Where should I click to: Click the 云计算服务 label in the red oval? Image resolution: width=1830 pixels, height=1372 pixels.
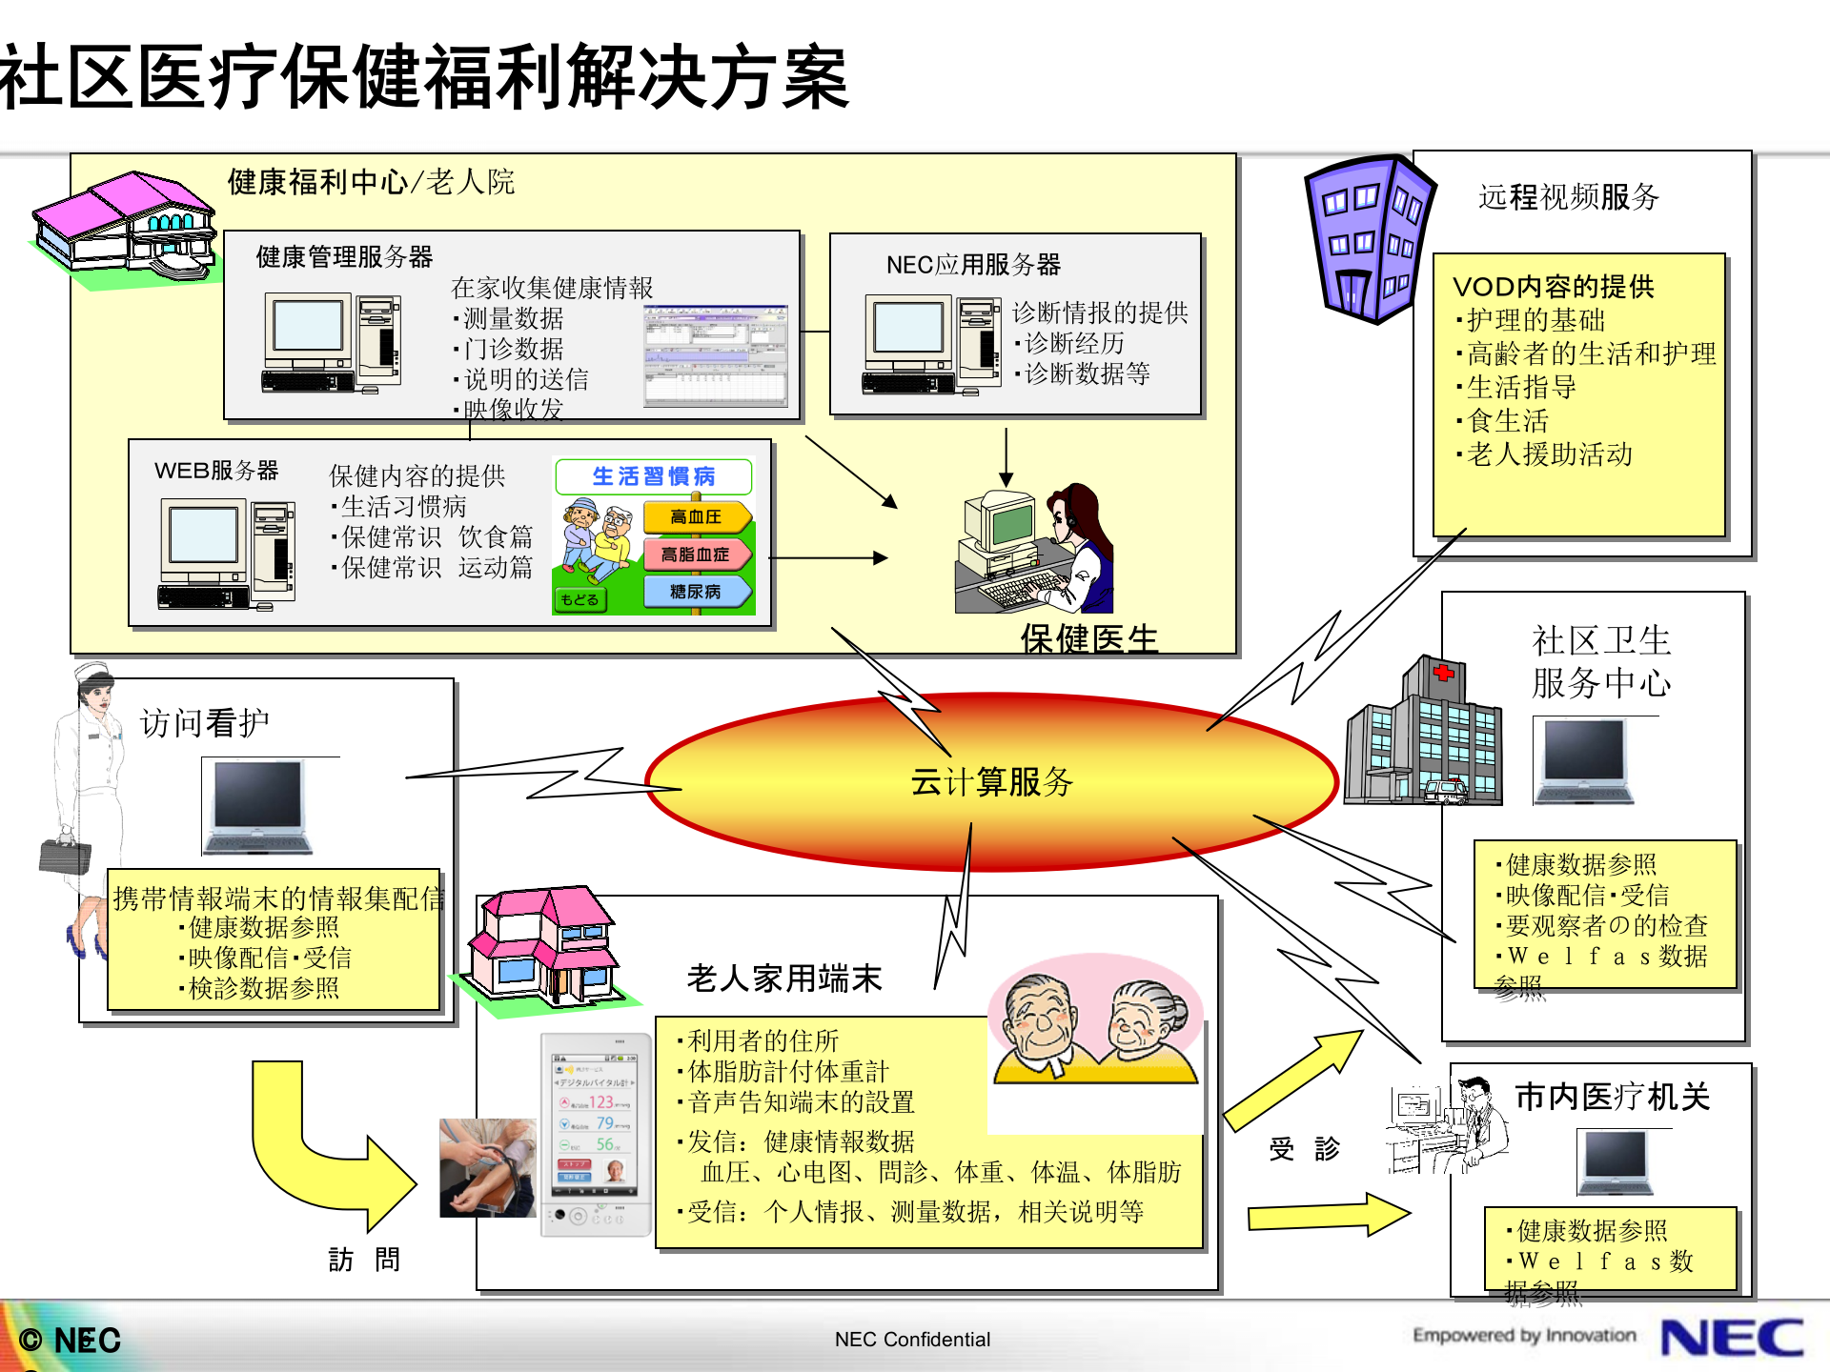coord(991,782)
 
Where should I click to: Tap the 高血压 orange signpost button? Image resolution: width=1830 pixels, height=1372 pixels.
coord(696,517)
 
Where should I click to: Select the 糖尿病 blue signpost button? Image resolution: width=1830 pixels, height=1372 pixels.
coord(696,592)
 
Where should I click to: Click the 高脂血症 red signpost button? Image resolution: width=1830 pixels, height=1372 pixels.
coord(696,555)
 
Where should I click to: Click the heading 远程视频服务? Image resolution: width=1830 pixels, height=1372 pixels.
coord(1569,197)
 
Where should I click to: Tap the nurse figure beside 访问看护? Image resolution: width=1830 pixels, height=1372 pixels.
coord(91,810)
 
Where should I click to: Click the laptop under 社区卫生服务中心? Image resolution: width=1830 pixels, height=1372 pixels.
coord(1583,762)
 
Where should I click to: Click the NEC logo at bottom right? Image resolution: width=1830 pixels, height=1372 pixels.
coord(1731,1338)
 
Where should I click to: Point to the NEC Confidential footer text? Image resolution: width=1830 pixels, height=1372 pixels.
coord(912,1340)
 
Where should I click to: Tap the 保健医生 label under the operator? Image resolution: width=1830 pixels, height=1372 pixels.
coord(1088,638)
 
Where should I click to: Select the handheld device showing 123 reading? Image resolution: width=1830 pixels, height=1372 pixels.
coord(596,1134)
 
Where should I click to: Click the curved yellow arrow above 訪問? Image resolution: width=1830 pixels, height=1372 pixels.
coord(324,1143)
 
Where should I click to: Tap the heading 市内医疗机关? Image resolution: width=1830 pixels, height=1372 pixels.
coord(1613,1097)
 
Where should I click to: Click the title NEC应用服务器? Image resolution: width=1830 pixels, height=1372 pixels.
coord(973,265)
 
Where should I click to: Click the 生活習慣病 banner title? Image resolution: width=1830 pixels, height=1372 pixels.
coord(654,476)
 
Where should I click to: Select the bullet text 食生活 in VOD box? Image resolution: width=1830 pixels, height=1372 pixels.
coord(1508,420)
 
